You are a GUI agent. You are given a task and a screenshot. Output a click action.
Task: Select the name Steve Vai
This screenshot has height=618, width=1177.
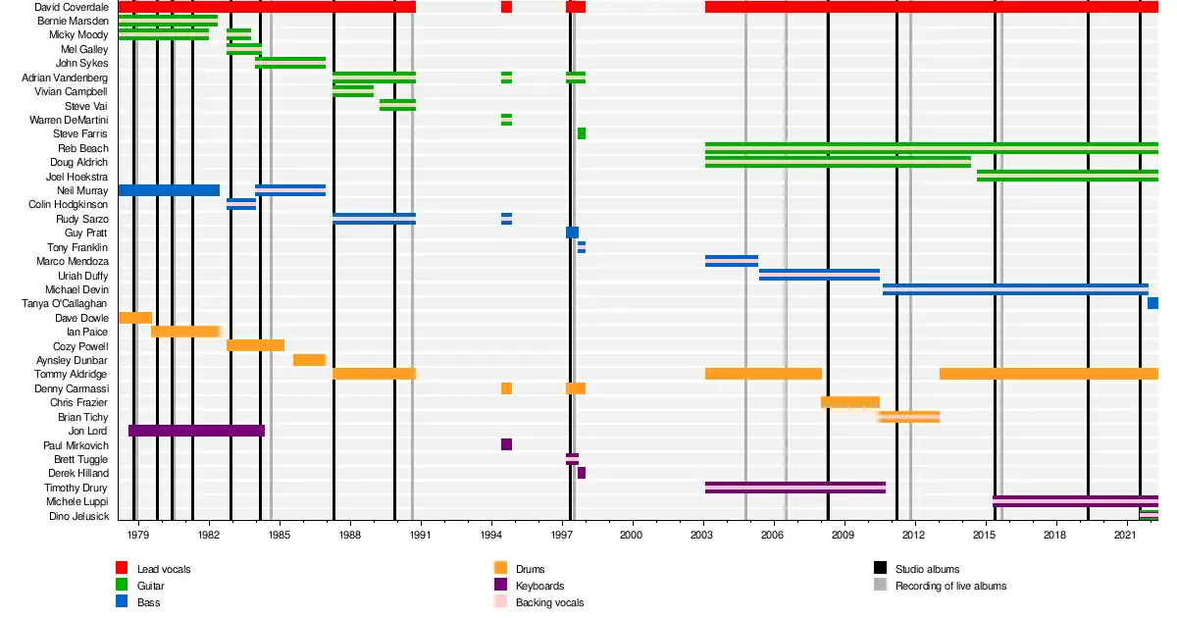86,106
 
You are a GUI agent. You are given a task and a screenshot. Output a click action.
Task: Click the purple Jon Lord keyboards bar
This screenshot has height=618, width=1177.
196,431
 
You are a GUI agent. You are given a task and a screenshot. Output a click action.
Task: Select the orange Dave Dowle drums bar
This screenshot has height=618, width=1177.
134,318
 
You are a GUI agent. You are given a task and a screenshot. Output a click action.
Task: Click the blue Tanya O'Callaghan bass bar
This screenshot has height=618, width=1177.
1152,303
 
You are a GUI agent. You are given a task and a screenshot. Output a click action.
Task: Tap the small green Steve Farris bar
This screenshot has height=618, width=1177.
582,133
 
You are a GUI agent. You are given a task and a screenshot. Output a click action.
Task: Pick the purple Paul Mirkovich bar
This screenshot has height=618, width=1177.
506,444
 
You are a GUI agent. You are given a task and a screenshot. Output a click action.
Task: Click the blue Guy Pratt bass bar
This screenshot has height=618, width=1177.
572,232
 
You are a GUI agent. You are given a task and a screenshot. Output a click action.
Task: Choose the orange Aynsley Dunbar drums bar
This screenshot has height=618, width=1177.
309,360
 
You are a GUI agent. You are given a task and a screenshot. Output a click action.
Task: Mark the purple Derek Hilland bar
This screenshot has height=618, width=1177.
582,473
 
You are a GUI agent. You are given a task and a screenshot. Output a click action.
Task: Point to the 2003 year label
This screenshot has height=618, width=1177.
702,536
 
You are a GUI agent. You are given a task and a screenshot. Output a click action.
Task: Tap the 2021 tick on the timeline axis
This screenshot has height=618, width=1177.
1125,536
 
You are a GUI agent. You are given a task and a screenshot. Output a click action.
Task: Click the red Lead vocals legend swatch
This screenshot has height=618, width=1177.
122,568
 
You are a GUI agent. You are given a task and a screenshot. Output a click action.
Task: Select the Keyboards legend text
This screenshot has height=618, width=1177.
539,586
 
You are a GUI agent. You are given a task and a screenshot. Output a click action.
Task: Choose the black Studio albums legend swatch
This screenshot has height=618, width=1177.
880,568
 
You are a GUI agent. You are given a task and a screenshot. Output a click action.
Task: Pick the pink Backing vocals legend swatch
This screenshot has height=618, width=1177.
500,601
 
